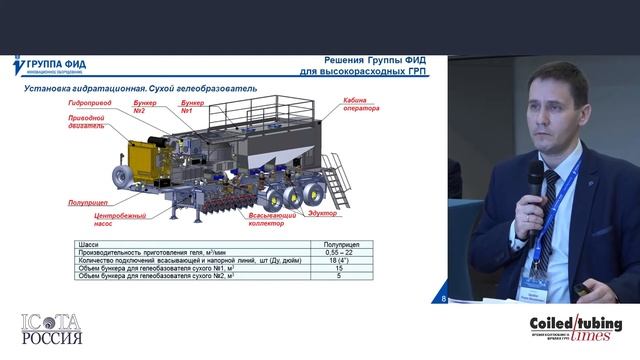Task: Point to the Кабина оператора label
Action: tap(361, 105)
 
